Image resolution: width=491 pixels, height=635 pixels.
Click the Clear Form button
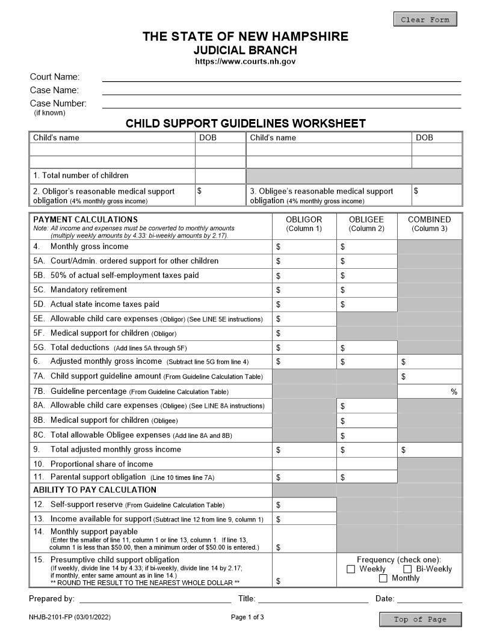pos(425,19)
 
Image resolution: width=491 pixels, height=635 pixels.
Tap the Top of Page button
pos(420,619)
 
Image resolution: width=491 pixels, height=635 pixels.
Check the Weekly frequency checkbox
pos(351,569)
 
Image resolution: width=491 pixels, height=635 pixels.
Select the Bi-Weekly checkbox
pos(407,569)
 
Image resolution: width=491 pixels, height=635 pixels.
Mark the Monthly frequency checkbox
pos(383,578)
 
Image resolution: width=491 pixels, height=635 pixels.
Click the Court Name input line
pos(281,77)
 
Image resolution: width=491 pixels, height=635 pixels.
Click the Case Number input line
pos(281,103)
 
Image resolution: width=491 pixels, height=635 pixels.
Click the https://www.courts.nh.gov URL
pos(245,61)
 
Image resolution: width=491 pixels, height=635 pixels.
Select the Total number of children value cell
pos(220,176)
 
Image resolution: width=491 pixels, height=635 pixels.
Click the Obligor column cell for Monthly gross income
pos(304,247)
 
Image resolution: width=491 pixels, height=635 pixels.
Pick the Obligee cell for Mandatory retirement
pos(367,290)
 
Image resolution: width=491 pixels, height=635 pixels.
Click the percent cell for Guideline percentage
pos(430,391)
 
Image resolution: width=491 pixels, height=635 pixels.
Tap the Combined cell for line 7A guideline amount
pos(430,377)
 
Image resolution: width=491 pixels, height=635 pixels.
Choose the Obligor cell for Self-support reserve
pos(304,505)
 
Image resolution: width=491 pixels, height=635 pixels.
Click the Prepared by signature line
pos(155,599)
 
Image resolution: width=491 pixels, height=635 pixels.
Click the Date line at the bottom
pos(429,599)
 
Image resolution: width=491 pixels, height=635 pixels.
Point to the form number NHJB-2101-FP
pos(69,618)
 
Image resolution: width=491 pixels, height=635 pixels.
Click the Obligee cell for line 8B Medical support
pos(367,421)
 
